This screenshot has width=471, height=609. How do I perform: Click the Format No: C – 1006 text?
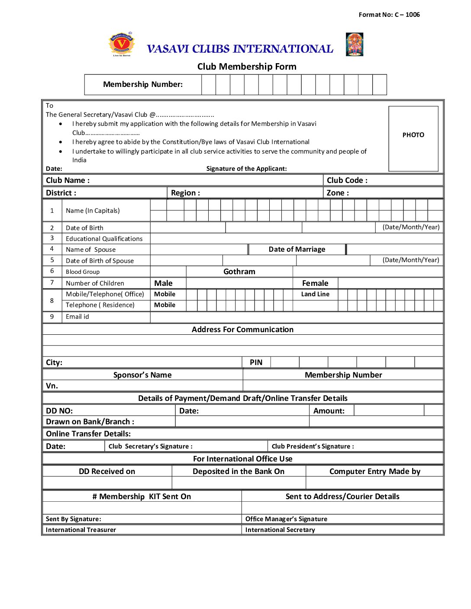pyautogui.click(x=389, y=15)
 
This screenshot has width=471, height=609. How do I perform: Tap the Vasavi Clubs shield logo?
pyautogui.click(x=122, y=44)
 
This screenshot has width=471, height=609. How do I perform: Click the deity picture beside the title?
pyautogui.click(x=354, y=45)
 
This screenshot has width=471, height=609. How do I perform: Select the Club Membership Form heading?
pyautogui.click(x=247, y=67)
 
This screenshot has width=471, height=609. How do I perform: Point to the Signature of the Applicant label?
pyautogui.click(x=246, y=169)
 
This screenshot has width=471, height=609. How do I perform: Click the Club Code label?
pyautogui.click(x=347, y=180)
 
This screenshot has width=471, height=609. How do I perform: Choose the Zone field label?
pyautogui.click(x=337, y=193)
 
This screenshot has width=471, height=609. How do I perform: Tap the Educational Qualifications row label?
pyautogui.click(x=104, y=239)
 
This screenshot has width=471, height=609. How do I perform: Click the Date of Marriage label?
pyautogui.click(x=297, y=250)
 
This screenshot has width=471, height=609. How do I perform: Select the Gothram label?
pyautogui.click(x=239, y=272)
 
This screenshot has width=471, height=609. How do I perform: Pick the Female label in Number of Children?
pyautogui.click(x=315, y=283)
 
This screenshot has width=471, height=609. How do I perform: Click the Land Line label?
pyautogui.click(x=315, y=294)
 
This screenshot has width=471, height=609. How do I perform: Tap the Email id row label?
pyautogui.click(x=77, y=317)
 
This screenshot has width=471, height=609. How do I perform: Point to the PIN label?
pyautogui.click(x=256, y=362)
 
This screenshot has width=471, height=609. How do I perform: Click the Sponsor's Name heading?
pyautogui.click(x=142, y=375)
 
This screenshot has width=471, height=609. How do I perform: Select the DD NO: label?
pyautogui.click(x=59, y=411)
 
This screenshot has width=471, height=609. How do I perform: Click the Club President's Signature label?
pyautogui.click(x=313, y=446)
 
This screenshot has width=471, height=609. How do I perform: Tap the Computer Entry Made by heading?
pyautogui.click(x=374, y=471)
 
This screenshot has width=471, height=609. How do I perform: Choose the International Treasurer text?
pyautogui.click(x=81, y=530)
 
